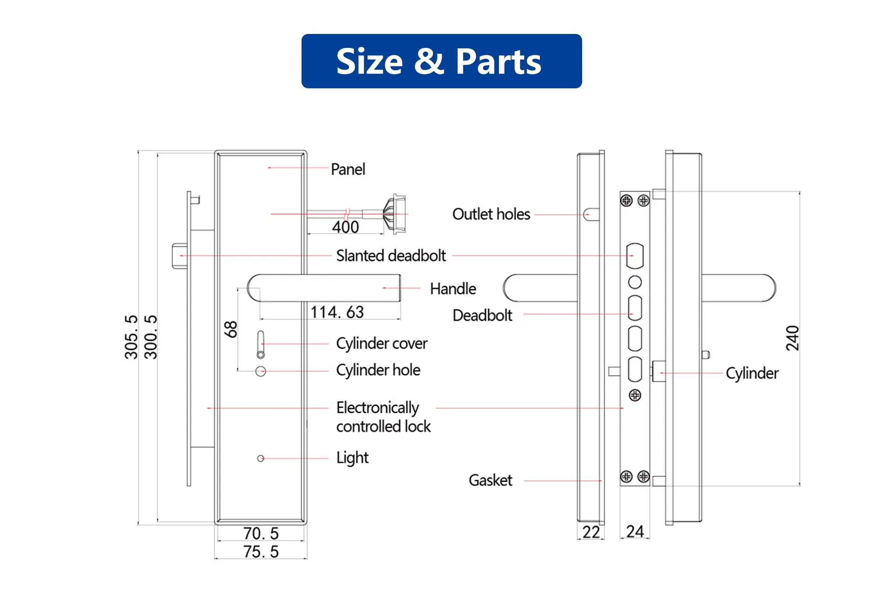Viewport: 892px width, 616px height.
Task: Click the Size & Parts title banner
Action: (x=441, y=61)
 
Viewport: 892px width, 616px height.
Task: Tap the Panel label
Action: (x=348, y=169)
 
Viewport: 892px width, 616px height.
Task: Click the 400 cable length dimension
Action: (x=345, y=227)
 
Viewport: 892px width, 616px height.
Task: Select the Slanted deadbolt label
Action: (x=391, y=256)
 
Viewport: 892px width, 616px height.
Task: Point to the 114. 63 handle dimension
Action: (x=337, y=312)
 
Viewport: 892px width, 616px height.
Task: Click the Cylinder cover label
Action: (x=381, y=344)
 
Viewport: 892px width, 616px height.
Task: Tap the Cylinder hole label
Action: (x=378, y=370)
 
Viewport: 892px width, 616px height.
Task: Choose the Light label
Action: (x=352, y=458)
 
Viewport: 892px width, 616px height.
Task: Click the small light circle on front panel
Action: (x=261, y=458)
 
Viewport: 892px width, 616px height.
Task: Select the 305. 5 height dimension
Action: (x=131, y=337)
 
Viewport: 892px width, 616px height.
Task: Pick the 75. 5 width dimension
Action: (x=261, y=552)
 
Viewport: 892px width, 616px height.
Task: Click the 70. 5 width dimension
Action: (x=261, y=533)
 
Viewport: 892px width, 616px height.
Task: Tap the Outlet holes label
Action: (x=491, y=214)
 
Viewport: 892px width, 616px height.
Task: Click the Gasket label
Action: (x=490, y=480)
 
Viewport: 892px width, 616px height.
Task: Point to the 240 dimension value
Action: (x=792, y=338)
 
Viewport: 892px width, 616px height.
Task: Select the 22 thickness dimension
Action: (x=591, y=532)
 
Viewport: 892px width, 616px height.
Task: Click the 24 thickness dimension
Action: (x=635, y=531)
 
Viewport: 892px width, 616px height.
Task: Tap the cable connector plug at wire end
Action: (x=395, y=214)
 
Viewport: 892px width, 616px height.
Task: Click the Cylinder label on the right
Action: (x=752, y=373)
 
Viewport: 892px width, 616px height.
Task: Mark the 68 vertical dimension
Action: (x=230, y=329)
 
